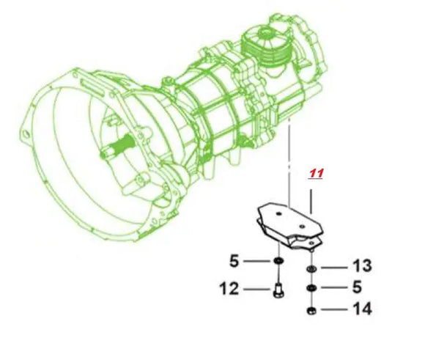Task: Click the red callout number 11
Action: point(316,174)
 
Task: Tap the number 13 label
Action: point(362,265)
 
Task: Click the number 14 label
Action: point(362,309)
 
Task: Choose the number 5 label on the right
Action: point(357,287)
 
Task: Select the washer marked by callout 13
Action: point(312,268)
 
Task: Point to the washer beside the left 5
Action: point(280,262)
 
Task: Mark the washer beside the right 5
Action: point(312,288)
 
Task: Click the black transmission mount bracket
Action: point(289,227)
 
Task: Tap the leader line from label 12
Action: point(256,290)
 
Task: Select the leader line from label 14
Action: point(334,310)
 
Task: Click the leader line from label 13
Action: point(334,267)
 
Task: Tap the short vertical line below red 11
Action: point(313,199)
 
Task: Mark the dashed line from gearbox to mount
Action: point(290,161)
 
